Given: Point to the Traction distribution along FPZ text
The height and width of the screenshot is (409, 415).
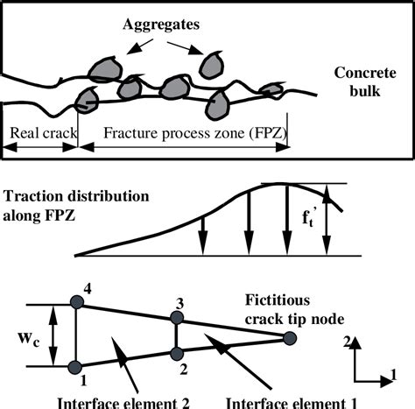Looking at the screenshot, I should click(67, 204).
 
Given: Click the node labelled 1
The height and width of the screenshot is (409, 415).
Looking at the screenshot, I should click(77, 365).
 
